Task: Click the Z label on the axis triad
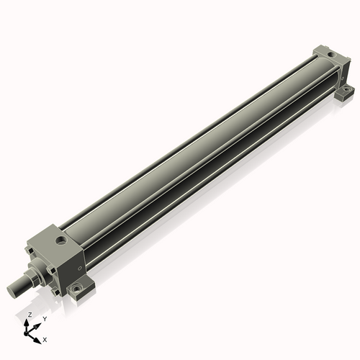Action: (30, 315)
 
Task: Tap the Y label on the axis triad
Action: (45, 319)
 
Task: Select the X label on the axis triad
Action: (45, 340)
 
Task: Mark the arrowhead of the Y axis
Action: (37, 326)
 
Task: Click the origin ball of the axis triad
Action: (26, 333)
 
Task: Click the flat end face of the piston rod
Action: (12, 292)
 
